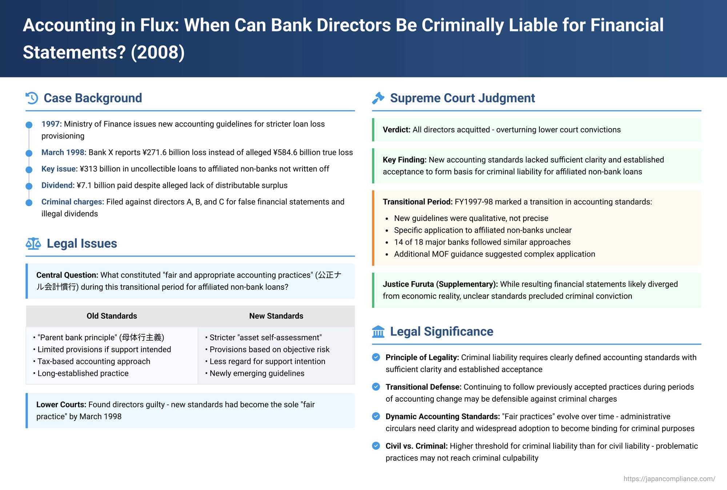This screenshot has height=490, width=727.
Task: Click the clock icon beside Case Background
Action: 32,98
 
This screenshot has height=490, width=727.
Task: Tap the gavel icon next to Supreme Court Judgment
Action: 378,98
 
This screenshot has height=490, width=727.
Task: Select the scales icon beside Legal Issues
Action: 33,244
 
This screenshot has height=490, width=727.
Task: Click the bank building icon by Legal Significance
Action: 378,332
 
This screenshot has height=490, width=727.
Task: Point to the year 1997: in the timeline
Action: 51,124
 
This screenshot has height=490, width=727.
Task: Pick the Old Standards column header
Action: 112,316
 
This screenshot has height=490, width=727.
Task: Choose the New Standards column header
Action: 276,316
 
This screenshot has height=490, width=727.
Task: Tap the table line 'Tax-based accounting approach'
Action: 93,361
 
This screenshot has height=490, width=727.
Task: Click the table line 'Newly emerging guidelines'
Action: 257,373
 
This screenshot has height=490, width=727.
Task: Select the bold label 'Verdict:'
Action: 396,130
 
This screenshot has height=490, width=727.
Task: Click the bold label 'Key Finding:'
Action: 404,160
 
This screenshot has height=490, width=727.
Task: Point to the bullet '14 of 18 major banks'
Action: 482,242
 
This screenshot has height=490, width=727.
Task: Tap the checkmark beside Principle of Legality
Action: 376,357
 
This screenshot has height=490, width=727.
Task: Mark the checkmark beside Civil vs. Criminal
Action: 376,446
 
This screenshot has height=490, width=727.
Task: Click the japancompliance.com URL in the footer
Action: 669,479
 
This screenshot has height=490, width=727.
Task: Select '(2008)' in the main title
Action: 158,52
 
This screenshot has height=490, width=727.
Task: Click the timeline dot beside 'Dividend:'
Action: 29,186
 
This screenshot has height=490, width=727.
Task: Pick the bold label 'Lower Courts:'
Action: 61,405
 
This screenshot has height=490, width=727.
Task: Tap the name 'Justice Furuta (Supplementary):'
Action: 440,284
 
